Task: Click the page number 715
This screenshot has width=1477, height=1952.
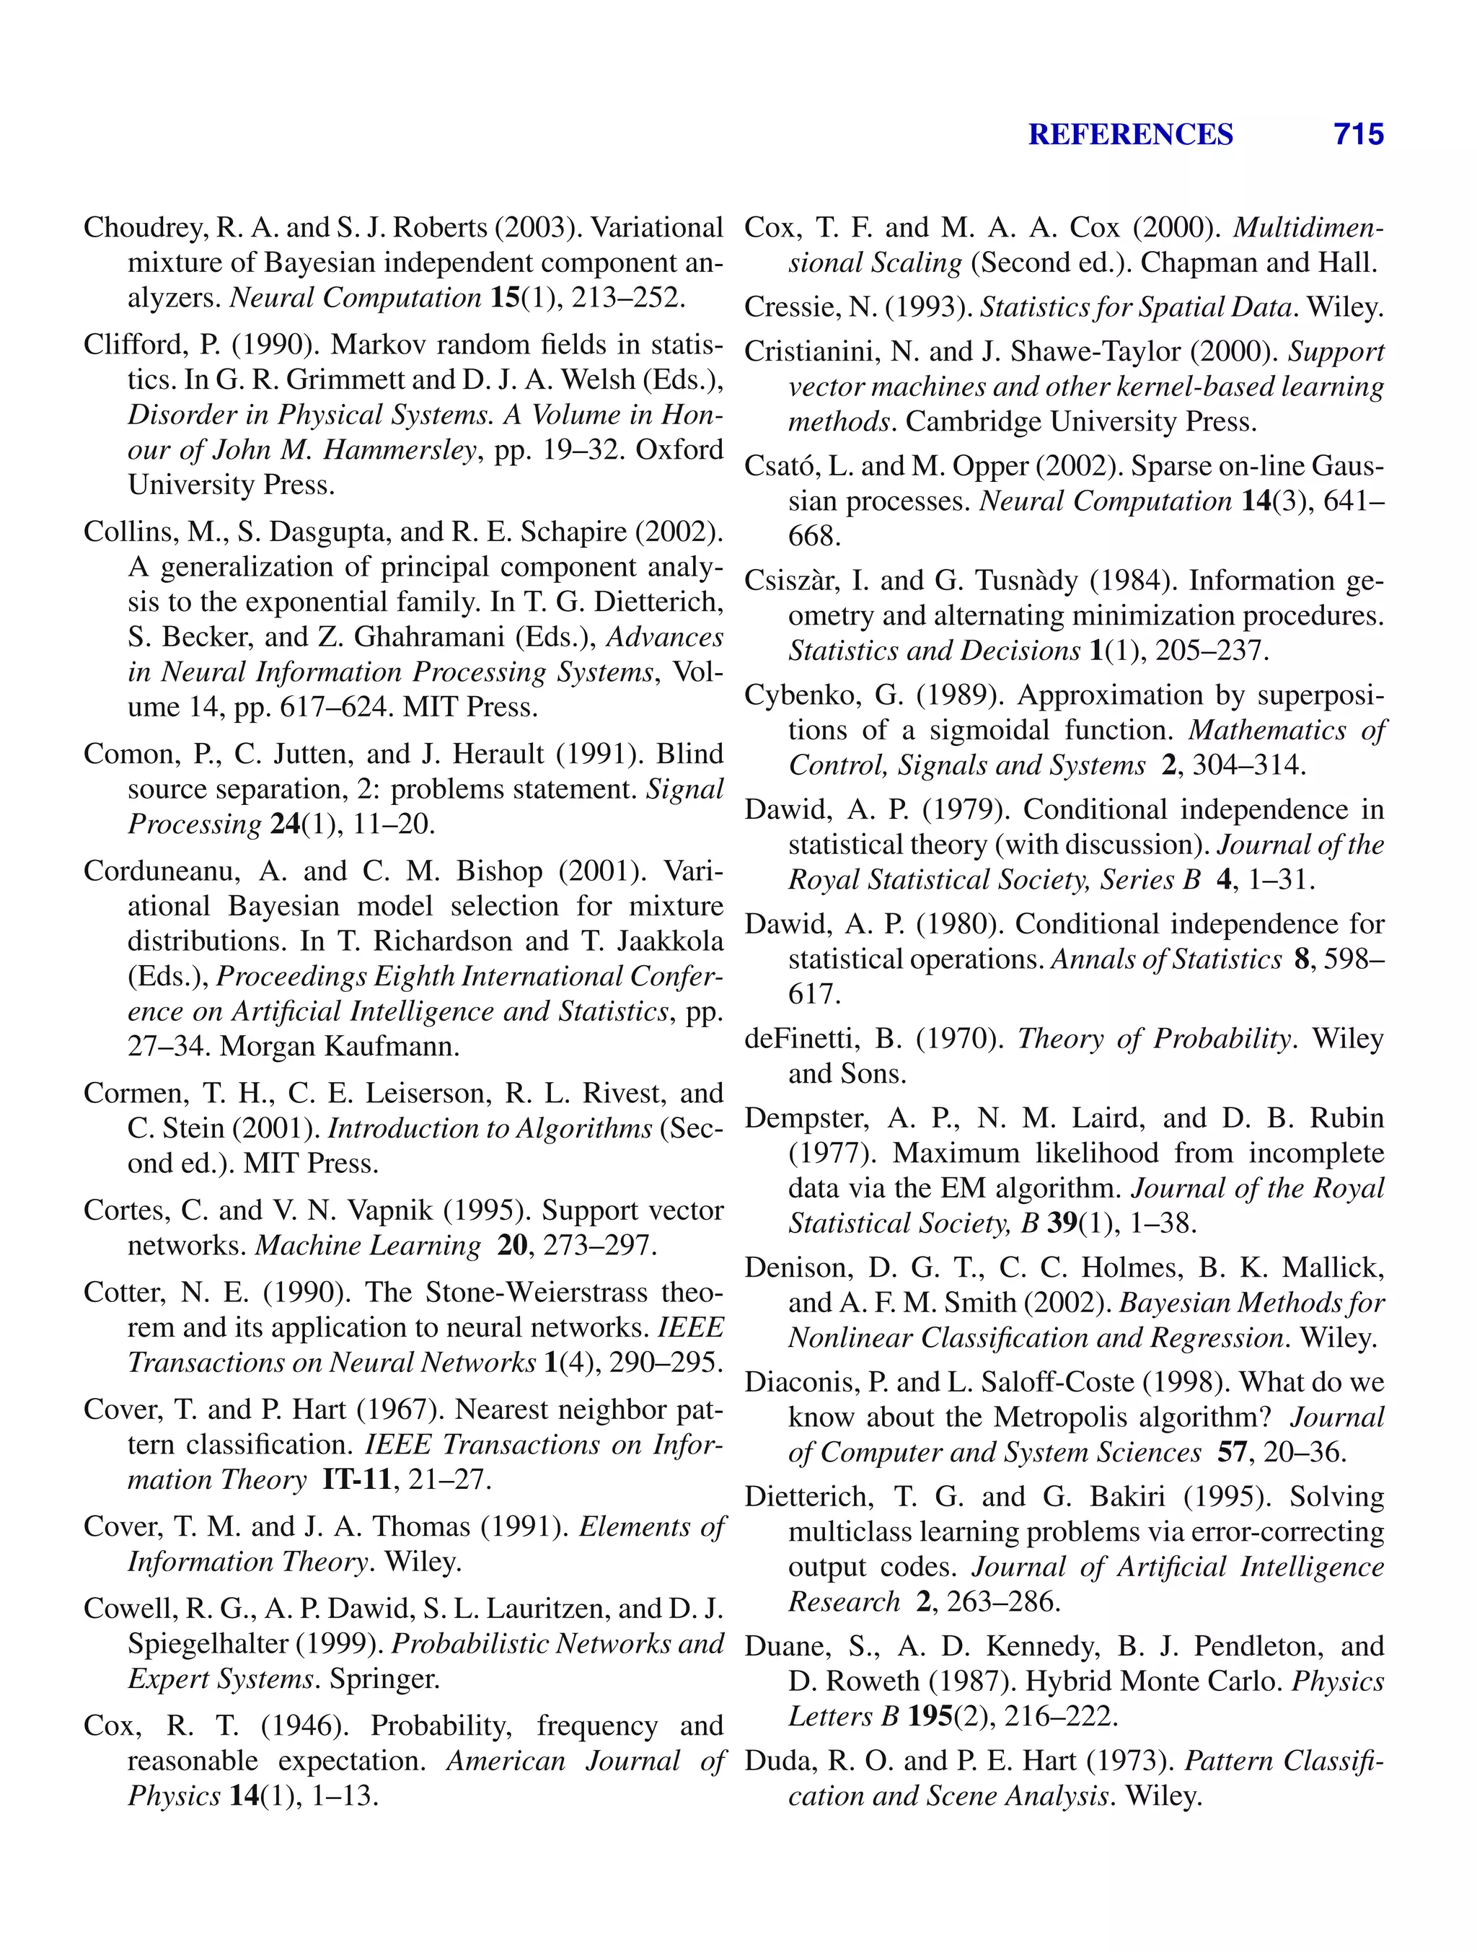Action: pyautogui.click(x=1358, y=134)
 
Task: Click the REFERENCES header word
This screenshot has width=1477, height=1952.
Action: pyautogui.click(x=1130, y=134)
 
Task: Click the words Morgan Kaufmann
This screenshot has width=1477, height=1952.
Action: pyautogui.click(x=340, y=1047)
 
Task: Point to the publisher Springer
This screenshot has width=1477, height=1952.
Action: pyautogui.click(x=384, y=1679)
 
